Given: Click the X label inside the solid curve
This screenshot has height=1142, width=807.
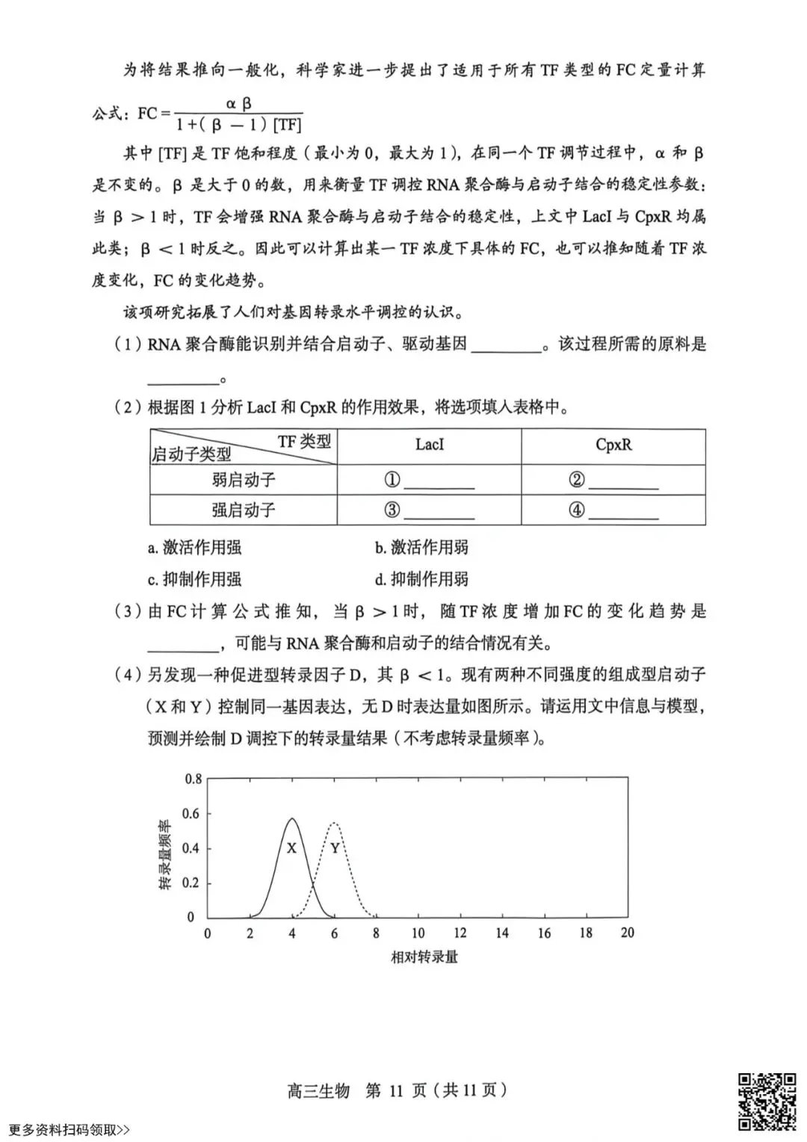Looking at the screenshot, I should coord(291,848).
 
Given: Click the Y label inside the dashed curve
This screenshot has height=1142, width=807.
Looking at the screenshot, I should coord(335,848).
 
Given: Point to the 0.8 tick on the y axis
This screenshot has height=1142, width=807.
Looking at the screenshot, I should coord(193,779).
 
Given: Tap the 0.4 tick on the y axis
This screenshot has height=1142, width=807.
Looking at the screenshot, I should coord(193,848).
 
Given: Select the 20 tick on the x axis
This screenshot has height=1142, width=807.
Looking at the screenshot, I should coord(627,933).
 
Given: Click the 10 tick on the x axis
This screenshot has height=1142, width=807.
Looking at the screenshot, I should coord(417,933).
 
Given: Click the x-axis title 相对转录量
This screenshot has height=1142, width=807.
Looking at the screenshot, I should coord(424,957).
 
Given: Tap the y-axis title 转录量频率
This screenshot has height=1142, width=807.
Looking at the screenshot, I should coord(166,854).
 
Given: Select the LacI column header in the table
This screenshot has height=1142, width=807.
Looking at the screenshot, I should coord(430,445).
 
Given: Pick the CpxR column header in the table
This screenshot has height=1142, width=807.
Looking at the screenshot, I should coord(613,445).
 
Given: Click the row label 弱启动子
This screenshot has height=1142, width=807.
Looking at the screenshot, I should coord(244,480).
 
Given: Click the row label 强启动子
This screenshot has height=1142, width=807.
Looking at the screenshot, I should coord(244,510).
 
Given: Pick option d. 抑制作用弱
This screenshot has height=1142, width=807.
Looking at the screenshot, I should coord(421,579).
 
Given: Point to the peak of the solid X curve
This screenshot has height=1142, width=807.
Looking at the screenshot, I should coord(291,818).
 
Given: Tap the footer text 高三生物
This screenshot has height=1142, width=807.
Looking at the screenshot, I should coord(318,1090).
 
